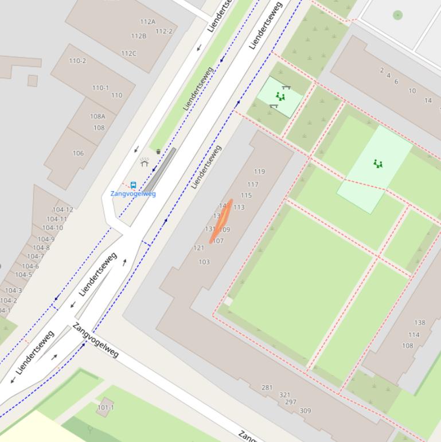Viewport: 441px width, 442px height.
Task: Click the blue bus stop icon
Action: pos(134,185)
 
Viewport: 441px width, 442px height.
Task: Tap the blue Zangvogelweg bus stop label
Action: pos(133,194)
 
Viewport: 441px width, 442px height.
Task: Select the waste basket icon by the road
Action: pos(158,152)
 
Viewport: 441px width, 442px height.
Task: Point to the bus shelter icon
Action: pos(145,163)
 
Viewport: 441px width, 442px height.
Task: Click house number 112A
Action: pos(147,22)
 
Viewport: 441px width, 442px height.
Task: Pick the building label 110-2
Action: pos(77,61)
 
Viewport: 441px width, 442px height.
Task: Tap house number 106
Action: pos(78,153)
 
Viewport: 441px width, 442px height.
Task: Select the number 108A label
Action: pos(97,117)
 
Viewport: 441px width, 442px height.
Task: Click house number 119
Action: pos(259,172)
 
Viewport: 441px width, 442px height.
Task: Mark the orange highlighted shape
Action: pos(221,221)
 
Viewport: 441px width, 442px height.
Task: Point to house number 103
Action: pos(204,262)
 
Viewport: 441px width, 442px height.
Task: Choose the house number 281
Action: pos(267,387)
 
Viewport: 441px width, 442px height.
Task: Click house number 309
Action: pos(305,410)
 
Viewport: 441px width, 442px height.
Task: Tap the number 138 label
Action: pos(420,323)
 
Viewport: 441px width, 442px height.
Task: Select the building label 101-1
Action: pos(106,408)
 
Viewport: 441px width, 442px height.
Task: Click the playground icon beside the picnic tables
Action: pos(280,96)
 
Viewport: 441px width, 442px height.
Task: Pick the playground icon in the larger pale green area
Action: pos(377,164)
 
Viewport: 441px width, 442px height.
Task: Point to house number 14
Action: pos(428,100)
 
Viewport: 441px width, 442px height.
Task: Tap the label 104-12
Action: pos(63,210)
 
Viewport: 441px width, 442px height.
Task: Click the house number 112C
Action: pos(128,54)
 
